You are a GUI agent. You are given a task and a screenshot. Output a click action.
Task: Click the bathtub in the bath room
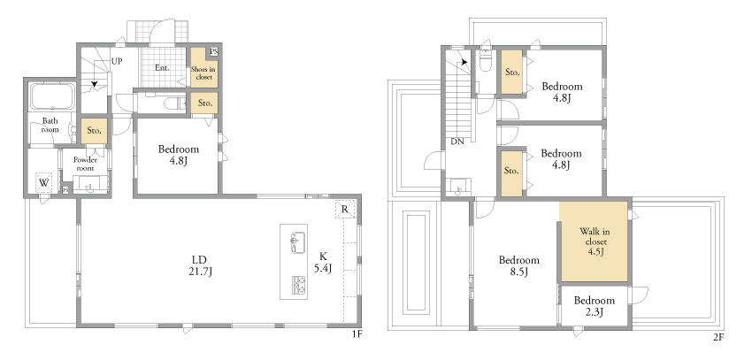[x=53, y=96]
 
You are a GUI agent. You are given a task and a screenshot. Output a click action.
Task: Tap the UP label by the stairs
[x=117, y=61]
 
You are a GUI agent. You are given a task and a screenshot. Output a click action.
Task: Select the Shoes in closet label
[x=203, y=73]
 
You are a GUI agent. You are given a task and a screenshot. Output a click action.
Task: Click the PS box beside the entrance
[x=213, y=52]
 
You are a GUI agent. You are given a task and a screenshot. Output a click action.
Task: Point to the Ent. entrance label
[x=162, y=68]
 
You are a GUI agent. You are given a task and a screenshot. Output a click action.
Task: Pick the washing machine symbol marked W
[x=44, y=182]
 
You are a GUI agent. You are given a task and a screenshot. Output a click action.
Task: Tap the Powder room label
[x=85, y=164]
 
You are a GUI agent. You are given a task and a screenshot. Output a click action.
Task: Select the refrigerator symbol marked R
[x=345, y=209]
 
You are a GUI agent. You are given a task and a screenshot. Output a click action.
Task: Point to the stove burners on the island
[x=298, y=285]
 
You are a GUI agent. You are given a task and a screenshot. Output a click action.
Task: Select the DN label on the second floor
[x=457, y=142]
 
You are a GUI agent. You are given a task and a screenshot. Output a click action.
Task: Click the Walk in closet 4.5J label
[x=594, y=242]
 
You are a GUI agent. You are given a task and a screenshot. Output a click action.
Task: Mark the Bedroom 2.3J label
[x=595, y=306]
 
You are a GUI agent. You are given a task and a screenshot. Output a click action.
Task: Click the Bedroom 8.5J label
[x=519, y=266]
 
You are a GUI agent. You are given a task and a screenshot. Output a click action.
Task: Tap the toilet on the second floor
[x=486, y=61]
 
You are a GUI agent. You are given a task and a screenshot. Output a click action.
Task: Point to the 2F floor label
[x=718, y=338]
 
